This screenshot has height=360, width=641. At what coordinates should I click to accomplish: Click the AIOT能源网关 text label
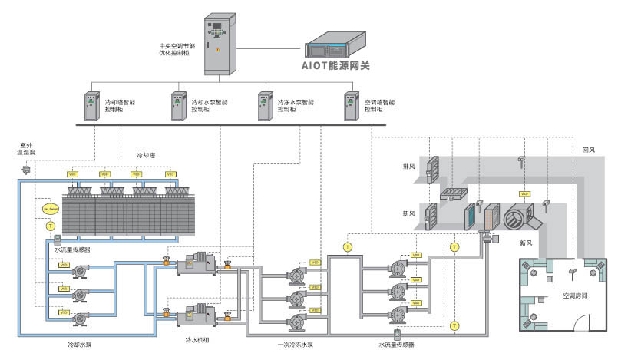tap(335, 67)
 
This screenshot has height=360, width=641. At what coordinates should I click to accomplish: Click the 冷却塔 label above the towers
tap(146, 155)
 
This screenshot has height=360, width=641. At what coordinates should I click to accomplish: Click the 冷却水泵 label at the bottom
tap(81, 345)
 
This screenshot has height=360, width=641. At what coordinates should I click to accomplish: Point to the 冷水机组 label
tap(198, 339)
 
